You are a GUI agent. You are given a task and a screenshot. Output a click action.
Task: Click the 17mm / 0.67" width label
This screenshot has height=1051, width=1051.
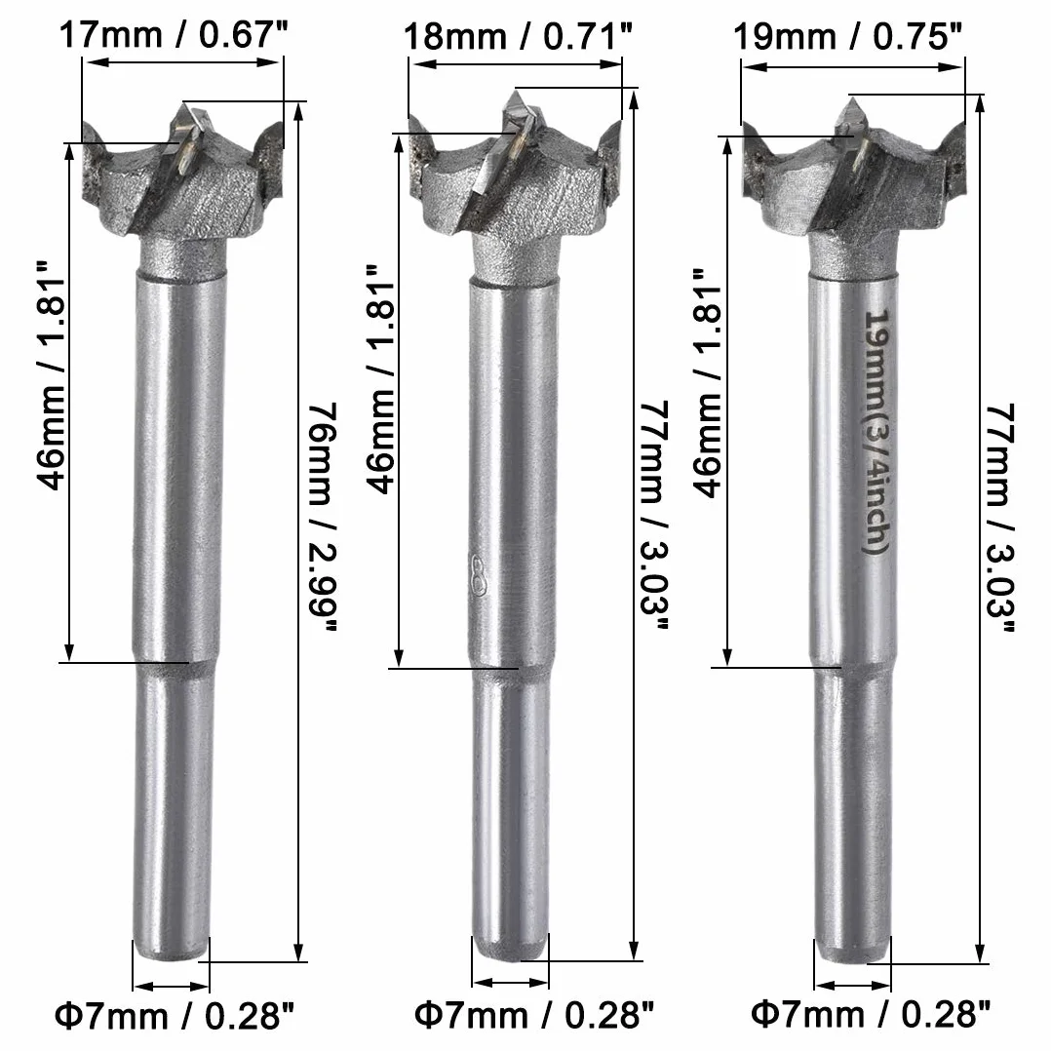tap(173, 35)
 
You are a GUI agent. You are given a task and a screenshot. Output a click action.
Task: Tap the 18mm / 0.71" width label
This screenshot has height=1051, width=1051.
tap(518, 36)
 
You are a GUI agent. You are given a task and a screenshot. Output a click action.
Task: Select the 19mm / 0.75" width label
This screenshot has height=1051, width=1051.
tap(848, 36)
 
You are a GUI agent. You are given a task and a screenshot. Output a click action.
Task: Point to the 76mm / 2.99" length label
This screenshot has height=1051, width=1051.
tap(322, 517)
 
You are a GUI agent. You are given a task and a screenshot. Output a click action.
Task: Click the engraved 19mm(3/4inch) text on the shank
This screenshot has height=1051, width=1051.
tap(876, 432)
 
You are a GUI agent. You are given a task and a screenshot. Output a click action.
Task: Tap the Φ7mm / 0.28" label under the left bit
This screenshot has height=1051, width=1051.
tap(175, 1016)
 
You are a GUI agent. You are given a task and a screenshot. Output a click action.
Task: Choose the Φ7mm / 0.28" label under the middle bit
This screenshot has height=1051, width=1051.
tap(533, 1015)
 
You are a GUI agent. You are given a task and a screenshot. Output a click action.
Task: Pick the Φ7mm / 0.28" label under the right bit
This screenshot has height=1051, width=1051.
tap(870, 1014)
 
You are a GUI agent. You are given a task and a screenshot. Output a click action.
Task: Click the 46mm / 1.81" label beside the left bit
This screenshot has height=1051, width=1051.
tap(51, 375)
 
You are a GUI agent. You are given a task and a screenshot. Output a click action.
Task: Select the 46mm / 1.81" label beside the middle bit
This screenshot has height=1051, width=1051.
tap(380, 379)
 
